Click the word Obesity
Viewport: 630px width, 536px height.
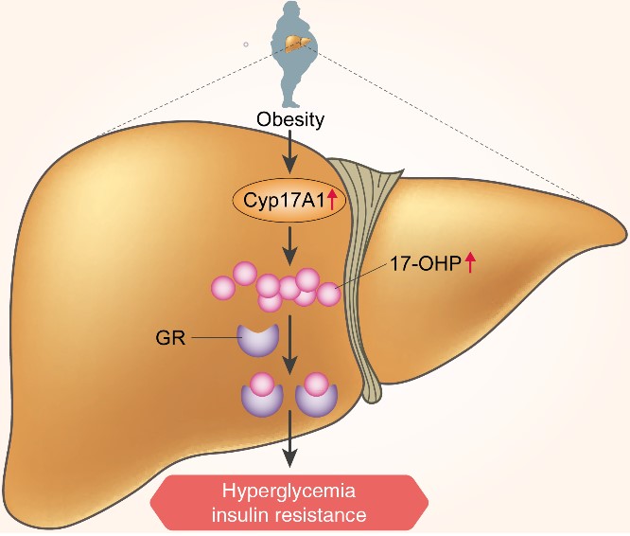pos(290,120)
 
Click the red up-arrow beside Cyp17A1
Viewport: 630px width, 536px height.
pos(334,198)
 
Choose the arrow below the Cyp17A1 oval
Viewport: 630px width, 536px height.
pos(290,245)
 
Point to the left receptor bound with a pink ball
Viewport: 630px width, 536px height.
pos(261,397)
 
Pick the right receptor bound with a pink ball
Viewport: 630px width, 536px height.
pos(318,397)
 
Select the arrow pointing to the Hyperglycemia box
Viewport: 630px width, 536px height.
pos(290,445)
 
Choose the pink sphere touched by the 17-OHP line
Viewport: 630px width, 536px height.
pos(328,295)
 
